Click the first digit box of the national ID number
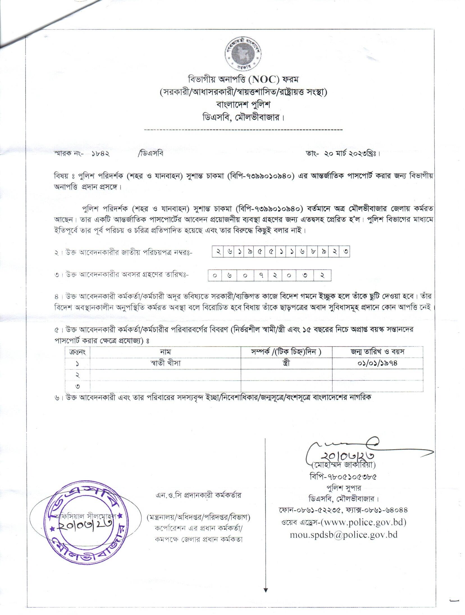(x=218, y=252)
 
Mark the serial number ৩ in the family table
(x=77, y=386)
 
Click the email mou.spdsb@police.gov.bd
(x=344, y=535)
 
